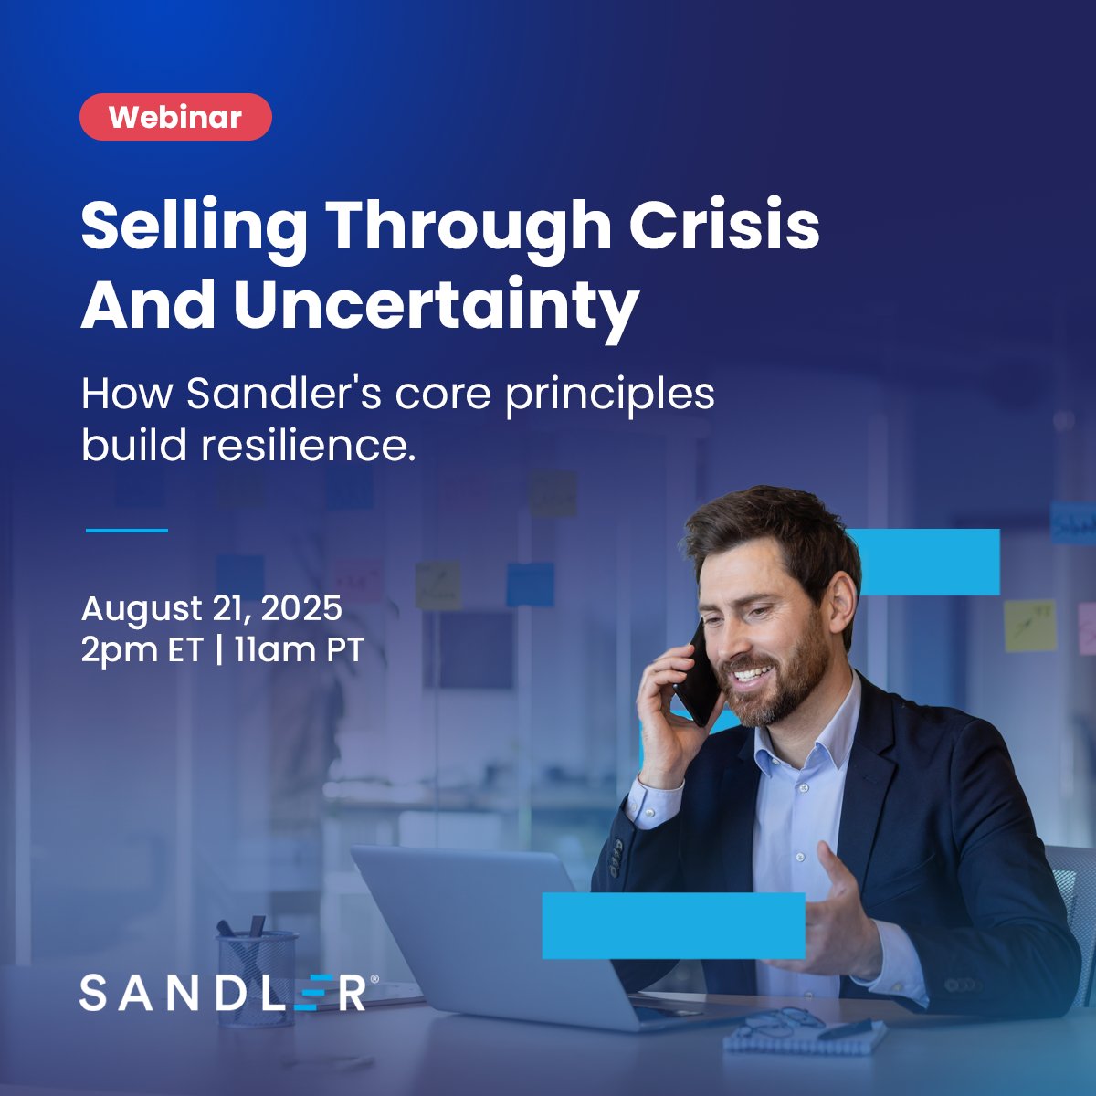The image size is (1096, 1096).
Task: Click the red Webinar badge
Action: (x=175, y=117)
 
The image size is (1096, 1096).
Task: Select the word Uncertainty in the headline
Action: (x=436, y=306)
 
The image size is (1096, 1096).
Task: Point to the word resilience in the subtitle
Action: (x=308, y=446)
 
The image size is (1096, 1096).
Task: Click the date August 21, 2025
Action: (x=211, y=607)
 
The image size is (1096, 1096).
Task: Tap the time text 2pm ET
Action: (x=141, y=651)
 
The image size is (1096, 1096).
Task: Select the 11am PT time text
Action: (x=300, y=651)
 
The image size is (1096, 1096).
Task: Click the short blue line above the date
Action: (x=127, y=530)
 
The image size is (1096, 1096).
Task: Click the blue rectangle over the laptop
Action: (x=673, y=925)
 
